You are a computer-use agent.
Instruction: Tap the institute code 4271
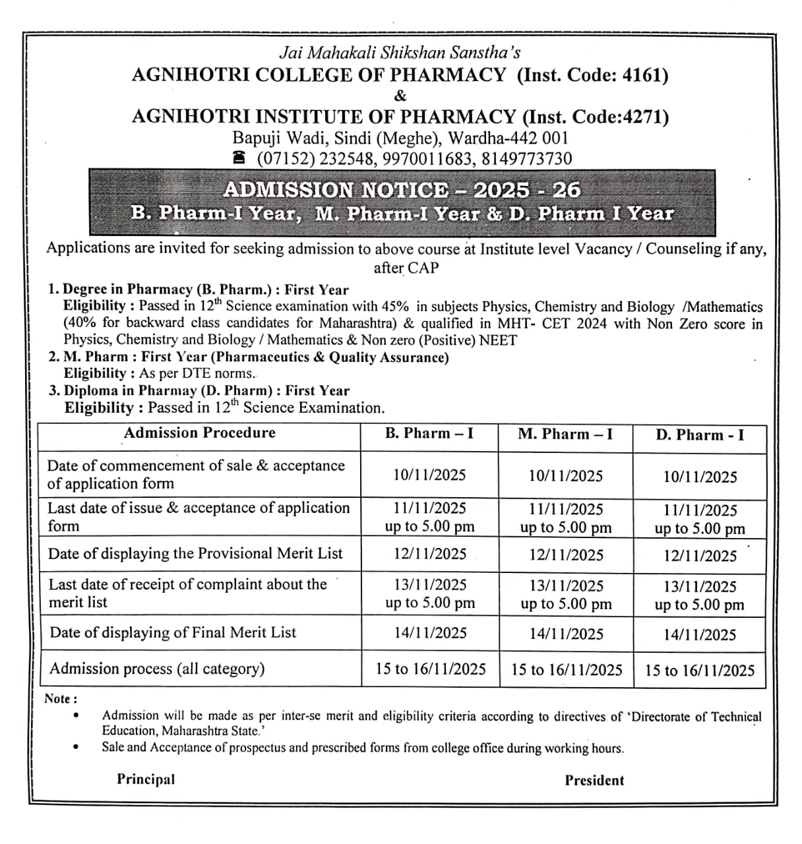point(645,117)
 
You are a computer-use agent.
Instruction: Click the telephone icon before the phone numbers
point(239,159)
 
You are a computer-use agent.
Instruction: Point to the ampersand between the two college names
point(400,96)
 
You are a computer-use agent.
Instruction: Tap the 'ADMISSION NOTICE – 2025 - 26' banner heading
point(402,190)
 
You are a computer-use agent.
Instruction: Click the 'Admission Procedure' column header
point(200,433)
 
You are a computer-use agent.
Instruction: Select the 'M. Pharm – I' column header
point(565,435)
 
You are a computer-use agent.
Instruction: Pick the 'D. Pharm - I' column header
point(700,435)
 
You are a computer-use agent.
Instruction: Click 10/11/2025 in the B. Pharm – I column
point(429,475)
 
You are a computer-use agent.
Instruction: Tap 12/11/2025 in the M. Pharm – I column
point(566,555)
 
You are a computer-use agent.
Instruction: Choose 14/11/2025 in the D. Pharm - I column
point(700,635)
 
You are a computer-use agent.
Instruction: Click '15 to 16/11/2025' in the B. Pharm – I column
point(431,669)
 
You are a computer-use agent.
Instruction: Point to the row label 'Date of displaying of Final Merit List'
point(173,632)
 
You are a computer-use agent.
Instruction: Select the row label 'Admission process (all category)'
point(157,669)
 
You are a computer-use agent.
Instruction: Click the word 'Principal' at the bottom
point(146,779)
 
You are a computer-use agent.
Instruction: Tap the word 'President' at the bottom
point(594,781)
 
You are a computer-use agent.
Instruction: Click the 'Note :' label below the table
point(61,699)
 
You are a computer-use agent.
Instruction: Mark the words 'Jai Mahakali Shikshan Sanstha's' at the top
point(400,52)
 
